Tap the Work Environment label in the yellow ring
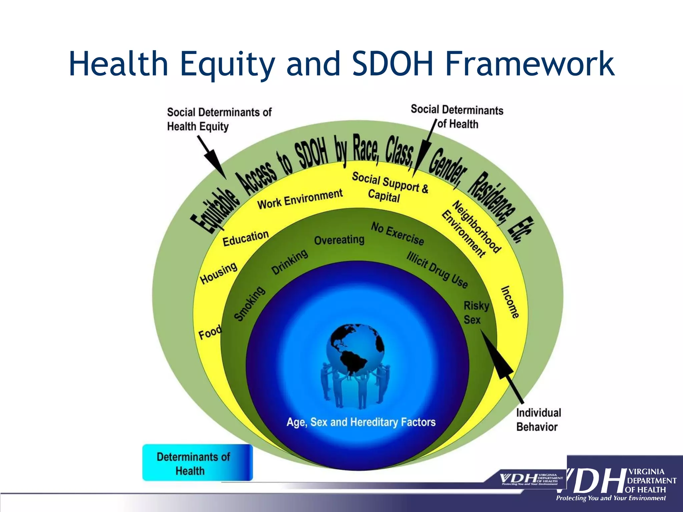click(x=300, y=199)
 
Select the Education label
click(x=245, y=238)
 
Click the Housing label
click(x=219, y=273)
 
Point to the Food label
click(x=210, y=332)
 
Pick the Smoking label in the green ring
click(x=249, y=304)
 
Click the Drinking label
click(x=289, y=262)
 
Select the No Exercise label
click(x=398, y=234)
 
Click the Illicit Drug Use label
click(x=437, y=270)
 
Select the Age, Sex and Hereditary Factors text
click(x=361, y=422)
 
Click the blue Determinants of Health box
click(x=197, y=463)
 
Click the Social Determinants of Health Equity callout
click(x=219, y=119)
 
